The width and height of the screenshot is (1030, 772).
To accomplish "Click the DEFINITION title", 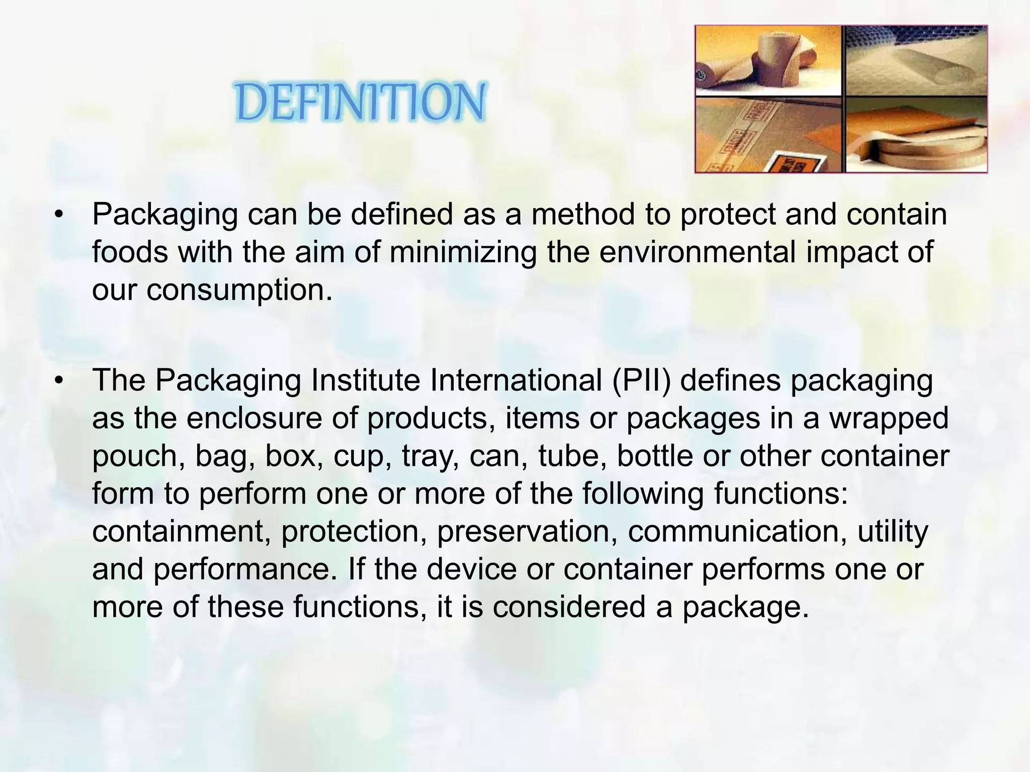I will point(361,103).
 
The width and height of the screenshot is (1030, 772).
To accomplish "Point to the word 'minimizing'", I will point(463,252).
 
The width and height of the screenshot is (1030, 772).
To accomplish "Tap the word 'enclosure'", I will point(254,418).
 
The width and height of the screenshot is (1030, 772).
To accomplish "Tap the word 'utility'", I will point(893,531).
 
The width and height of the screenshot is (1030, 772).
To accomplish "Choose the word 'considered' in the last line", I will point(569,607).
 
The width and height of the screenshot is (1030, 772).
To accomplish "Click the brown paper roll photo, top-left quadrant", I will point(768,60).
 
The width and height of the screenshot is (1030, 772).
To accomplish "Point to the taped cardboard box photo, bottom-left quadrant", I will point(768,135).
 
